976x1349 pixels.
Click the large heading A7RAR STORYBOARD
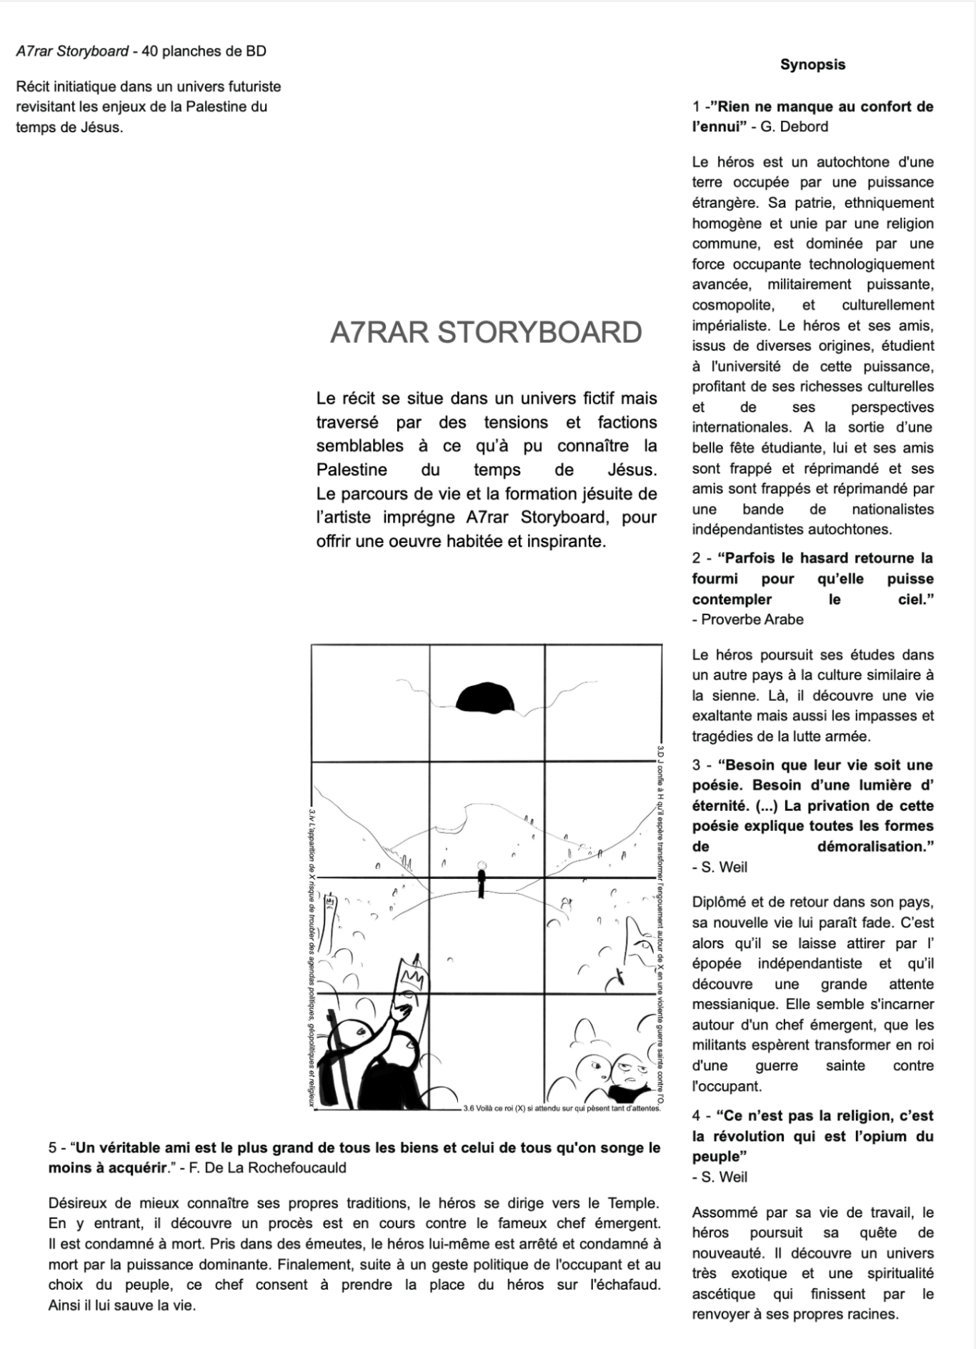tap(486, 333)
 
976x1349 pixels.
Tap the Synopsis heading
tap(812, 64)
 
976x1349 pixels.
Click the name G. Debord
tap(794, 126)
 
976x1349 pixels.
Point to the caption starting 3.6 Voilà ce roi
tap(562, 1108)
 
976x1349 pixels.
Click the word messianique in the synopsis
tap(729, 1004)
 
